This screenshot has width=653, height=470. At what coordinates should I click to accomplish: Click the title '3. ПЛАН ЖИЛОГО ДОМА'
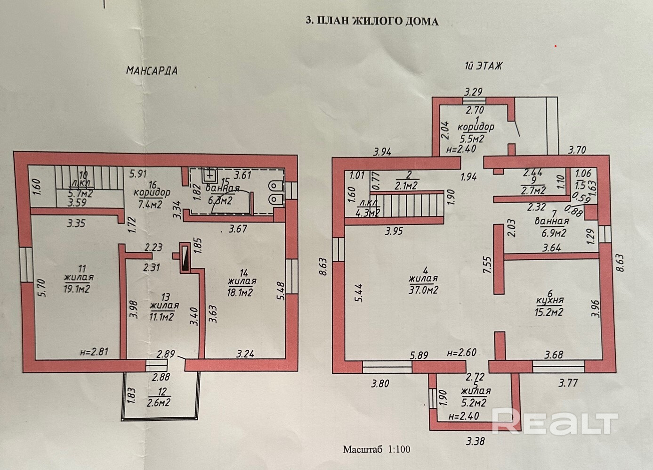[372, 21]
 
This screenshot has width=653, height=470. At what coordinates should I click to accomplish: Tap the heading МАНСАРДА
[152, 71]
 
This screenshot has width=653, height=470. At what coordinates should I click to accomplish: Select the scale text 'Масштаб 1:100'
[376, 449]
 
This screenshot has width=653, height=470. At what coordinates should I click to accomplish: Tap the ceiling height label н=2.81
[97, 351]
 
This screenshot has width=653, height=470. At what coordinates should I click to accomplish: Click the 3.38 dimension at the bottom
[476, 442]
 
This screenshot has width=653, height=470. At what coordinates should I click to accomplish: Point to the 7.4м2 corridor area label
[151, 204]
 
